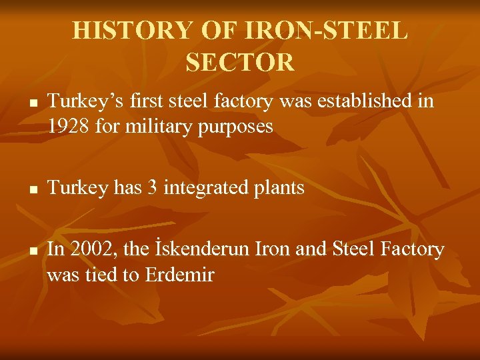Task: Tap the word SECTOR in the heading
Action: [x=240, y=62]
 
